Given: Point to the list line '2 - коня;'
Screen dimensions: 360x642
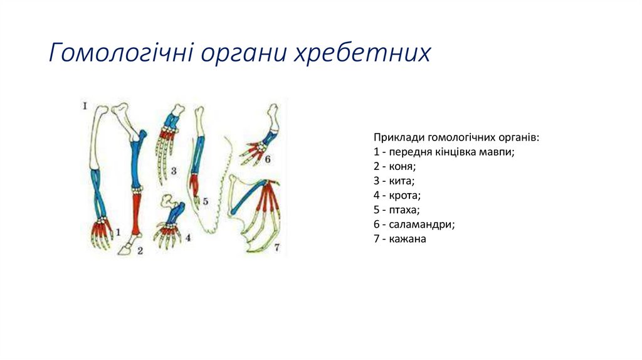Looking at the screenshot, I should [x=395, y=166].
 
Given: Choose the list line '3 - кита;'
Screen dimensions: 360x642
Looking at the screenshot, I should [x=394, y=181].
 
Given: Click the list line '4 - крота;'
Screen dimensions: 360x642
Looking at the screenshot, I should [x=397, y=195].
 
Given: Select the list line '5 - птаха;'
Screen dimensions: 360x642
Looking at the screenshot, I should [x=397, y=209].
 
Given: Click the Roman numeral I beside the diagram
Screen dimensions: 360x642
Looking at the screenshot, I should [x=84, y=106].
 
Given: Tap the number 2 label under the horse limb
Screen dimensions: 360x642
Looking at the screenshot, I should [x=140, y=251].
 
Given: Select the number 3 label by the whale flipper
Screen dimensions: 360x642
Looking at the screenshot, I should [x=173, y=171].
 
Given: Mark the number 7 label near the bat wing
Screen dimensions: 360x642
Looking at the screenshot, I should [x=276, y=247].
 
